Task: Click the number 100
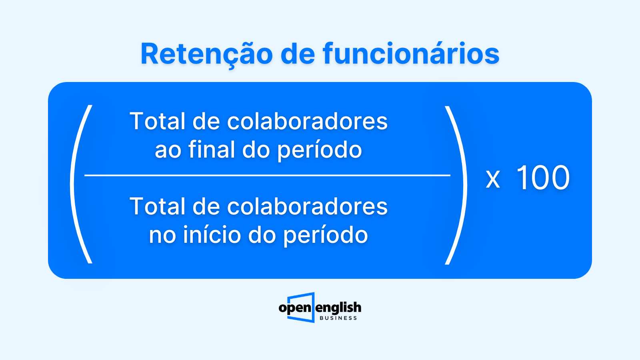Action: click(x=543, y=178)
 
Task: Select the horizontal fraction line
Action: click(x=268, y=175)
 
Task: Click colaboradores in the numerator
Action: click(x=308, y=121)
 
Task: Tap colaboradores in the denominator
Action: click(x=308, y=206)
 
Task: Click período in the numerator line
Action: click(x=320, y=150)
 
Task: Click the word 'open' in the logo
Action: click(x=295, y=308)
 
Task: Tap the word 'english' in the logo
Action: click(x=338, y=308)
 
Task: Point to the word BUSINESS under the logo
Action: click(x=338, y=318)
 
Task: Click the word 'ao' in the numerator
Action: click(x=168, y=151)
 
